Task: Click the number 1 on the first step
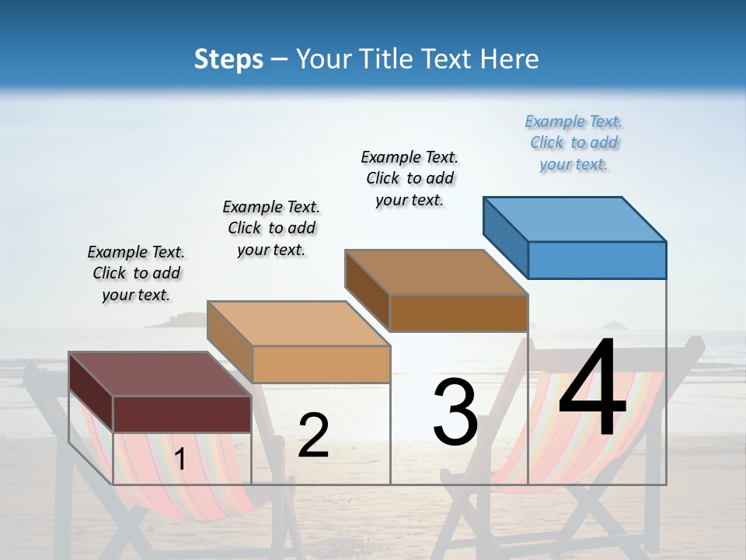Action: (x=180, y=460)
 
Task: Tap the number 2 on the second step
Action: (x=313, y=436)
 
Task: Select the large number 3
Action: (x=455, y=412)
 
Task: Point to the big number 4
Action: (x=593, y=389)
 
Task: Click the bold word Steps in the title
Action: (x=228, y=59)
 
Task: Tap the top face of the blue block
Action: (x=575, y=219)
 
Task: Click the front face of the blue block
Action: (x=597, y=260)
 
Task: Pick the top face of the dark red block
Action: (x=159, y=374)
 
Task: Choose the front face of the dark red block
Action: (x=182, y=414)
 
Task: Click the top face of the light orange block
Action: (x=298, y=323)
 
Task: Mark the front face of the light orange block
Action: (x=321, y=364)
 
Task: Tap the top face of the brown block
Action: (x=436, y=271)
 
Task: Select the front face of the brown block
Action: (x=458, y=313)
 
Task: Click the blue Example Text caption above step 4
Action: (x=573, y=142)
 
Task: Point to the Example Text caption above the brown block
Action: (x=410, y=178)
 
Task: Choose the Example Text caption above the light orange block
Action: (x=271, y=228)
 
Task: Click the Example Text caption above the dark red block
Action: (x=136, y=273)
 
